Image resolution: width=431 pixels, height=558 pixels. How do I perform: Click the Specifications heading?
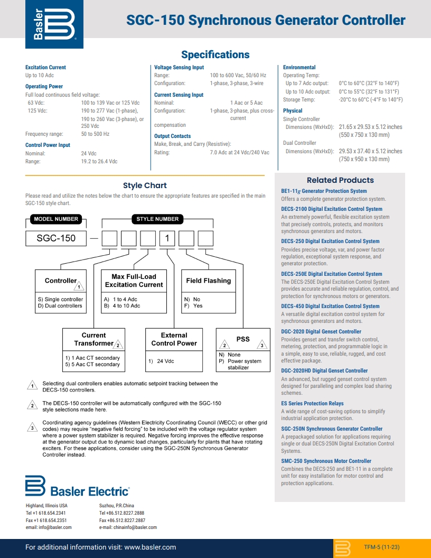click(x=215, y=55)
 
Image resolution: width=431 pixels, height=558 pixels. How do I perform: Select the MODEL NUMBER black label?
click(x=56, y=219)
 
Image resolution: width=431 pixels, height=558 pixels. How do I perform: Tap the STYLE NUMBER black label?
click(x=157, y=219)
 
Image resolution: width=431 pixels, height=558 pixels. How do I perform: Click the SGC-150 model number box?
click(x=56, y=238)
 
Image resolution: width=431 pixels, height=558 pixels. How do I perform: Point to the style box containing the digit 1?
click(x=167, y=238)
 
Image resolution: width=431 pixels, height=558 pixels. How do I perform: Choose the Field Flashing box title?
click(x=208, y=281)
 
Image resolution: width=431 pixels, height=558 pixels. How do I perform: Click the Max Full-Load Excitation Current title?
click(x=134, y=281)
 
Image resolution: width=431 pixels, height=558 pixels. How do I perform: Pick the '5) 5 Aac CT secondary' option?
click(x=92, y=365)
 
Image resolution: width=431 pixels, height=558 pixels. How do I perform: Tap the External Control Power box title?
click(x=174, y=339)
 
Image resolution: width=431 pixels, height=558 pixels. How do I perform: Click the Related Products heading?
click(x=340, y=180)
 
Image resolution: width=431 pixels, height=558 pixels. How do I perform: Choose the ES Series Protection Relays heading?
click(x=312, y=404)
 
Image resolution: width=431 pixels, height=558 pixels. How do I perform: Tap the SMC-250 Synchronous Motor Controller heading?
click(x=326, y=461)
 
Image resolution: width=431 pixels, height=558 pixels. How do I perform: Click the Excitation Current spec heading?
click(x=46, y=68)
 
